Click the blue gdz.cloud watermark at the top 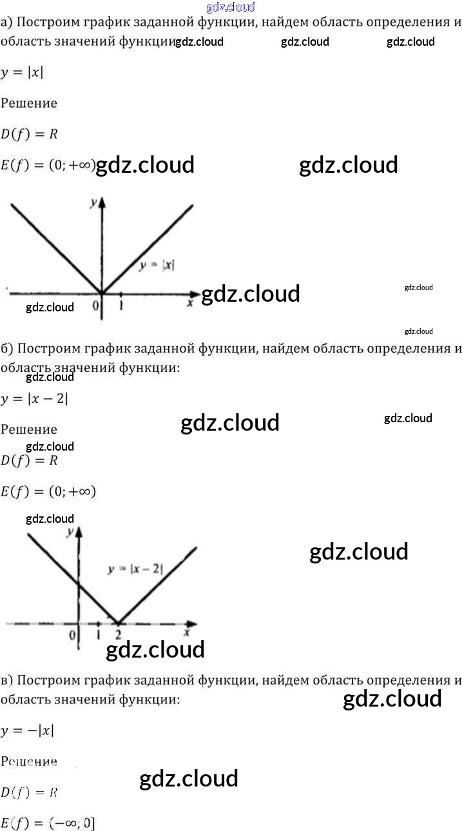[x=231, y=7]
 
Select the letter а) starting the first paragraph [x=6, y=23]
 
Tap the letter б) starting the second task [x=7, y=349]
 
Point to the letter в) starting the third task [x=6, y=680]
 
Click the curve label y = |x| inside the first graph [x=157, y=264]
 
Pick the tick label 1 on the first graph [x=121, y=306]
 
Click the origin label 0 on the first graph [x=95, y=306]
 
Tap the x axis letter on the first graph [x=190, y=302]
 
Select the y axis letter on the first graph [x=93, y=202]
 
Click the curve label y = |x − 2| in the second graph [x=136, y=569]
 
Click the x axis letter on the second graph [x=186, y=632]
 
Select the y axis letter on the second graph [x=70, y=532]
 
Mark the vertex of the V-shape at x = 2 [x=118, y=622]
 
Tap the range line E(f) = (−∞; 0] [x=48, y=823]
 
